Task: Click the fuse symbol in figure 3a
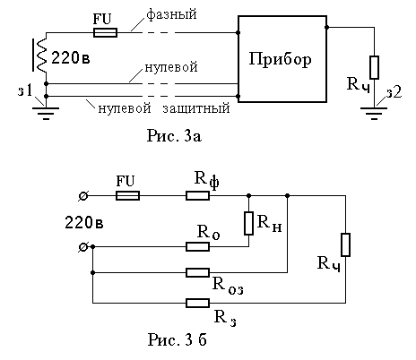click(x=105, y=32)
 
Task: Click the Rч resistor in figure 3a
click(x=374, y=67)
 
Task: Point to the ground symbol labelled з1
click(x=46, y=113)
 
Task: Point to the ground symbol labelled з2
click(x=374, y=113)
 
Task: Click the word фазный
click(x=171, y=14)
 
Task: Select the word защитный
click(x=196, y=108)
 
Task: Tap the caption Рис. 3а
click(x=174, y=136)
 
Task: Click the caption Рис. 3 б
click(x=178, y=339)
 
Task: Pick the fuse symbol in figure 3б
click(x=127, y=196)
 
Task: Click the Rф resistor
click(x=197, y=196)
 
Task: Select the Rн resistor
click(x=248, y=223)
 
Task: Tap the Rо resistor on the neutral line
click(x=197, y=247)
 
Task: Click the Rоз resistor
click(x=197, y=272)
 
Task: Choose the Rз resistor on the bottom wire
click(x=197, y=303)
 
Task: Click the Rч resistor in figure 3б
click(x=345, y=244)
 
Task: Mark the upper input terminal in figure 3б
click(x=83, y=196)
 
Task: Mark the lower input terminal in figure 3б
click(x=83, y=247)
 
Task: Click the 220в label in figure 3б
click(x=84, y=223)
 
